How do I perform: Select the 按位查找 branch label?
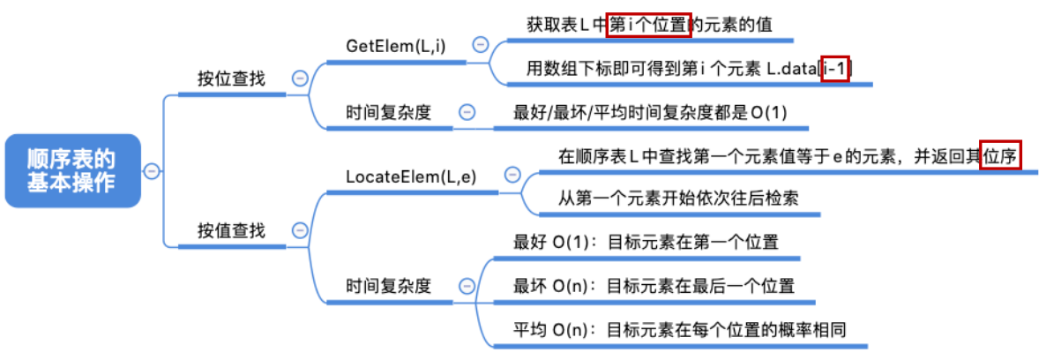230,79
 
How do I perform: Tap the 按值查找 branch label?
230,231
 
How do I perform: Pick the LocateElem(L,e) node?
412,176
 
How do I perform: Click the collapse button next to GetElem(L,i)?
481,44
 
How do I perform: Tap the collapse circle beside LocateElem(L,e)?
509,175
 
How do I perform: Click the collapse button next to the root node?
152,170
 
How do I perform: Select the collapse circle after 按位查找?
299,79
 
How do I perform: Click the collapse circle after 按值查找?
299,231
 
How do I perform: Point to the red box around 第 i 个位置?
649,25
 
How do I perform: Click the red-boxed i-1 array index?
834,69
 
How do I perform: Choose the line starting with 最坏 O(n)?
654,286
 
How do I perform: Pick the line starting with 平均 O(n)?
679,330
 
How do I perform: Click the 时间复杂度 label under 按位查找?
388,113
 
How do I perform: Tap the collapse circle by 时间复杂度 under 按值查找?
467,286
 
